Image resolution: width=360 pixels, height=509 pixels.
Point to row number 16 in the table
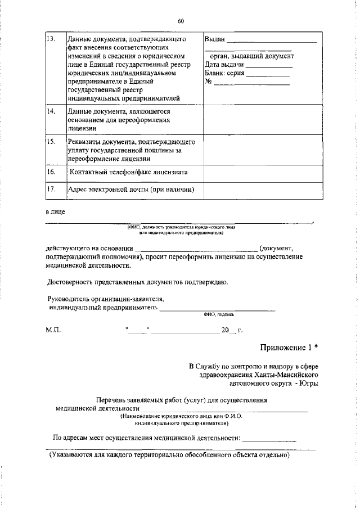(51, 171)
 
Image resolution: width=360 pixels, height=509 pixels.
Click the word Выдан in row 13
(215, 39)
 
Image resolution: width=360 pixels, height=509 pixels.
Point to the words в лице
(55, 212)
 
